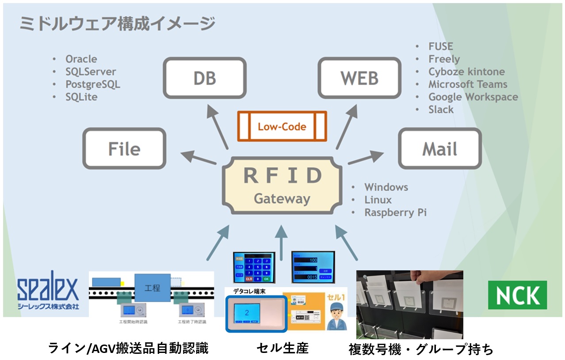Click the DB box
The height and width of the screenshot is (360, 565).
point(205,78)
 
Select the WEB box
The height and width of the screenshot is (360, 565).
point(359,78)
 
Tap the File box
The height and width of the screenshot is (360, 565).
point(124,148)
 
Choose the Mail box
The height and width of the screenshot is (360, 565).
point(439,148)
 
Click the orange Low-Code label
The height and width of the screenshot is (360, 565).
point(282,126)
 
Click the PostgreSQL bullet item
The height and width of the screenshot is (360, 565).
point(92,84)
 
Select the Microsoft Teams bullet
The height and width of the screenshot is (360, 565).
point(467,84)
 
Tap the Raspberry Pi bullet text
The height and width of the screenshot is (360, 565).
point(395,212)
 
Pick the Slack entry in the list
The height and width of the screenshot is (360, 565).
point(441,110)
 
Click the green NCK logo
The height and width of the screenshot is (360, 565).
point(517,295)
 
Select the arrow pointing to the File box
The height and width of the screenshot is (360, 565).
point(198,158)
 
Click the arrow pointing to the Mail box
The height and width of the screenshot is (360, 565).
point(366,158)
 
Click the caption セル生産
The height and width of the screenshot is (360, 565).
point(282,348)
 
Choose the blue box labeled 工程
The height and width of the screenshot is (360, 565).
point(152,288)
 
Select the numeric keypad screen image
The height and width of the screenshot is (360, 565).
point(254,267)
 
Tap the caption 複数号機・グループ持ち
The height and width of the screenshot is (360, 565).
point(420,349)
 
